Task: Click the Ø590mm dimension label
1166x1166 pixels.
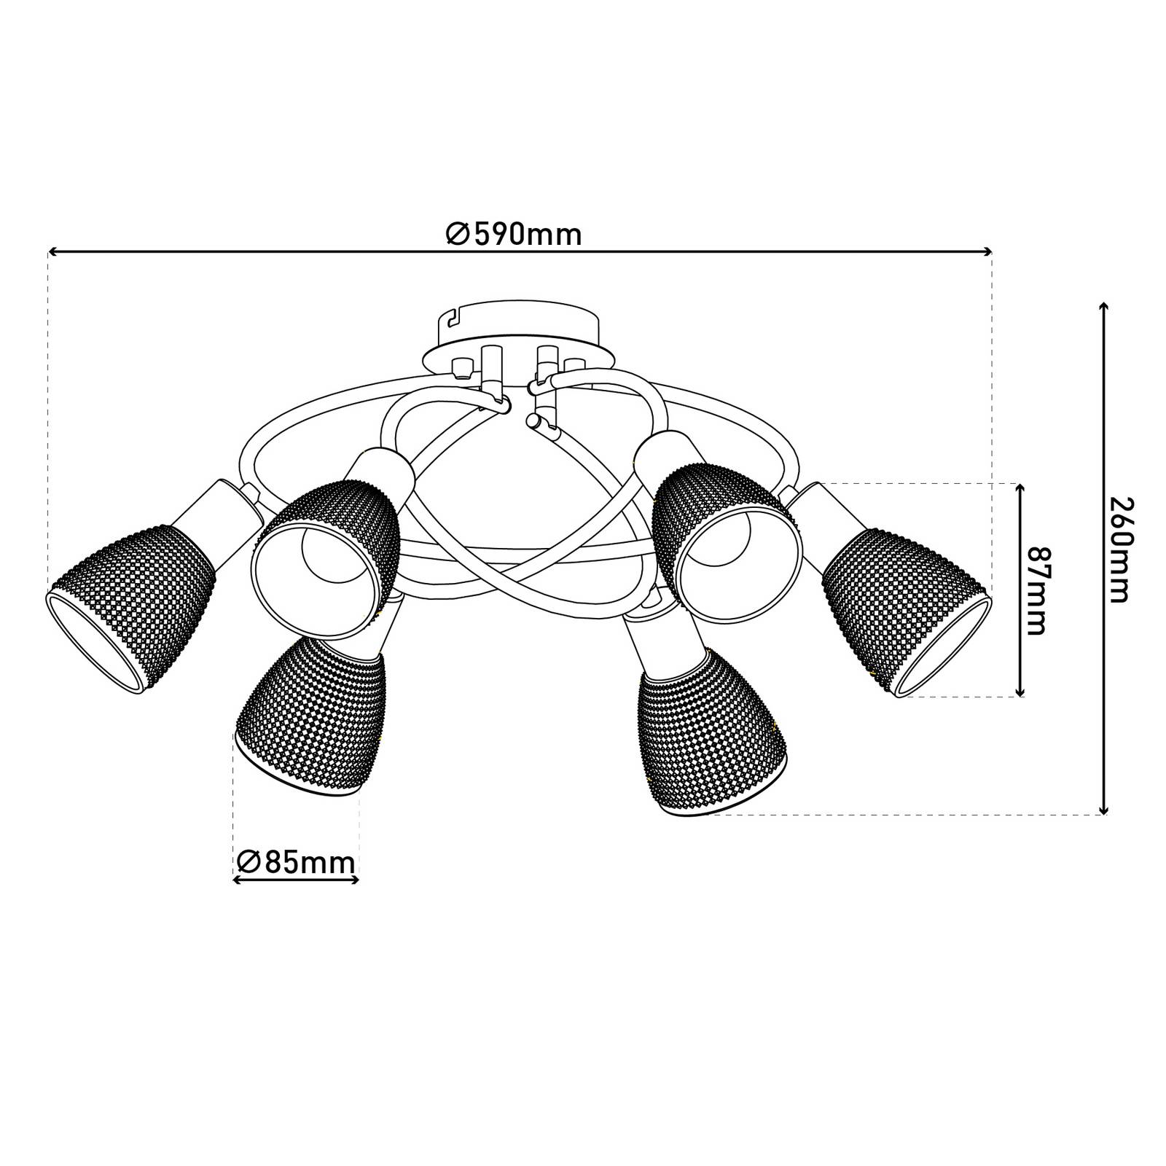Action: pyautogui.click(x=514, y=235)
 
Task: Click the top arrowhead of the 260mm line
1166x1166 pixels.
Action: pyautogui.click(x=1104, y=307)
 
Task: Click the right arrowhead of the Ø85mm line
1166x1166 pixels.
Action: pyautogui.click(x=356, y=880)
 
